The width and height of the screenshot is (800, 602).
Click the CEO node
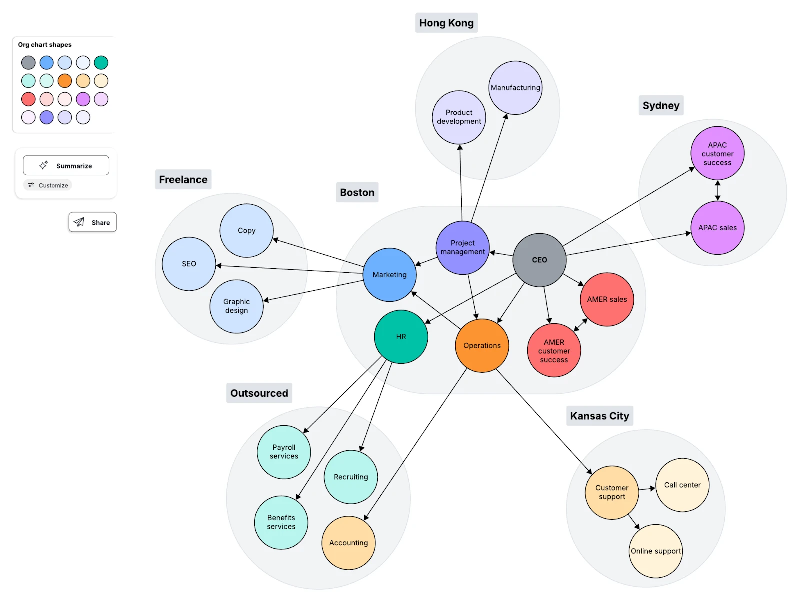pyautogui.click(x=539, y=260)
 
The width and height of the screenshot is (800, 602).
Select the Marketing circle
pyautogui.click(x=389, y=275)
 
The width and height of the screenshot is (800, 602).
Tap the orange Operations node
pyautogui.click(x=482, y=346)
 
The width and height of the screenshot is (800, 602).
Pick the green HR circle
pyautogui.click(x=401, y=337)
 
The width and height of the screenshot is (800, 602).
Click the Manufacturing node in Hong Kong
pyautogui.click(x=515, y=88)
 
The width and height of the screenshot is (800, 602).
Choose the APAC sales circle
pyautogui.click(x=717, y=228)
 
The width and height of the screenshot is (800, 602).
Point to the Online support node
pyautogui.click(x=655, y=551)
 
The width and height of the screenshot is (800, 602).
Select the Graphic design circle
pyautogui.click(x=236, y=306)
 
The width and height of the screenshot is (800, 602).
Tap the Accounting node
pyautogui.click(x=348, y=543)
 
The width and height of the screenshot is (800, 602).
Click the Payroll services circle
pyautogui.click(x=284, y=452)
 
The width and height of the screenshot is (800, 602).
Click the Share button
pyautogui.click(x=93, y=222)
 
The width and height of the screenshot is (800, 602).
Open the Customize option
pyautogui.click(x=48, y=185)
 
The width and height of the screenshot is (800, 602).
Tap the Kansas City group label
pyautogui.click(x=599, y=416)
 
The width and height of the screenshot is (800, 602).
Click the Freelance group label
pyautogui.click(x=183, y=180)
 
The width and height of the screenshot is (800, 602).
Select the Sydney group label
pyautogui.click(x=661, y=106)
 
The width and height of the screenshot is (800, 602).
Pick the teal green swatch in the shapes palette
pyautogui.click(x=101, y=63)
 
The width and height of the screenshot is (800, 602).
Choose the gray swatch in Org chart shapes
pyautogui.click(x=28, y=63)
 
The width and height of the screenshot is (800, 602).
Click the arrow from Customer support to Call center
pyautogui.click(x=647, y=488)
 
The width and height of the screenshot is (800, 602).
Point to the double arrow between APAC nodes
pyautogui.click(x=718, y=190)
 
